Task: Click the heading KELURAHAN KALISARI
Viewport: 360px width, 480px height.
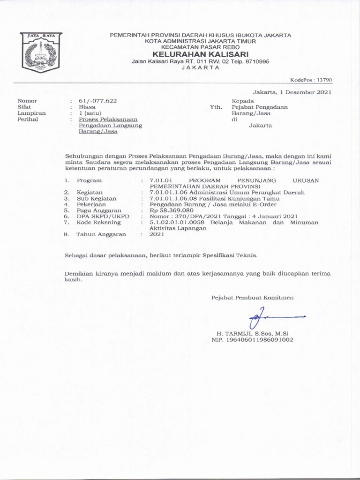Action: pyautogui.click(x=200, y=54)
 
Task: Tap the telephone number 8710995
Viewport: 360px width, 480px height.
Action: pyautogui.click(x=256, y=61)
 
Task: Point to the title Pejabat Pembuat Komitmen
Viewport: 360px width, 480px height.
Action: pyautogui.click(x=253, y=297)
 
